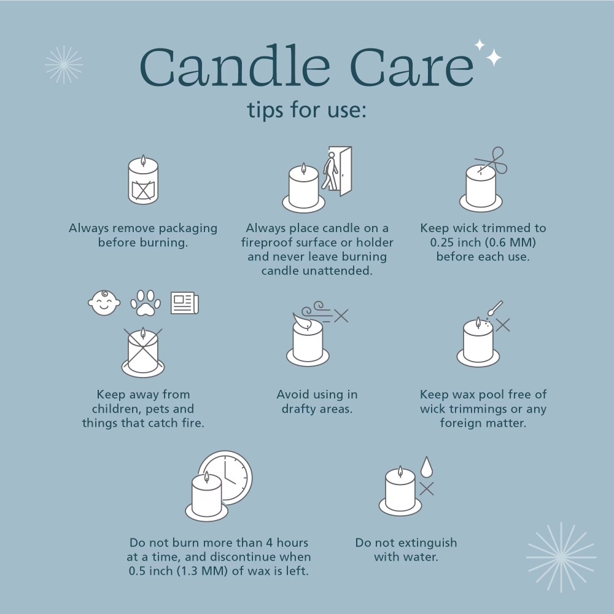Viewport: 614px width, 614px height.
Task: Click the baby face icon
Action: coord(104,303)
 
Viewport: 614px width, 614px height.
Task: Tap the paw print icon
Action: coord(146,303)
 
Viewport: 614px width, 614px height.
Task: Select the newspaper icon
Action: coord(185,303)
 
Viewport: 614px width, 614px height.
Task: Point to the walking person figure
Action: coord(330,171)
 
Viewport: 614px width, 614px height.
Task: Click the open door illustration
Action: coord(341,171)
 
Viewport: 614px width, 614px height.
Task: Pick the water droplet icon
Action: coord(427,467)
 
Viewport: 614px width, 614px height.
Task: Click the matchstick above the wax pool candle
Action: coord(495,308)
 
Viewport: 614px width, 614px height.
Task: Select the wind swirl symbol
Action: coord(318,312)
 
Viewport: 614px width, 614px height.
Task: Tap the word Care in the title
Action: coord(412,67)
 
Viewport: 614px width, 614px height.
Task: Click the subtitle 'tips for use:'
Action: coord(306,109)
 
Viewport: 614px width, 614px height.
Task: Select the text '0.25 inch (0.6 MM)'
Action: coord(483,243)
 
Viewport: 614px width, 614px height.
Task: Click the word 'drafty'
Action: coord(299,409)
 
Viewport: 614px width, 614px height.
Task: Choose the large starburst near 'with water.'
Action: coord(561,558)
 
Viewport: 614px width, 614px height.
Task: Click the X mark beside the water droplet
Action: coord(427,489)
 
